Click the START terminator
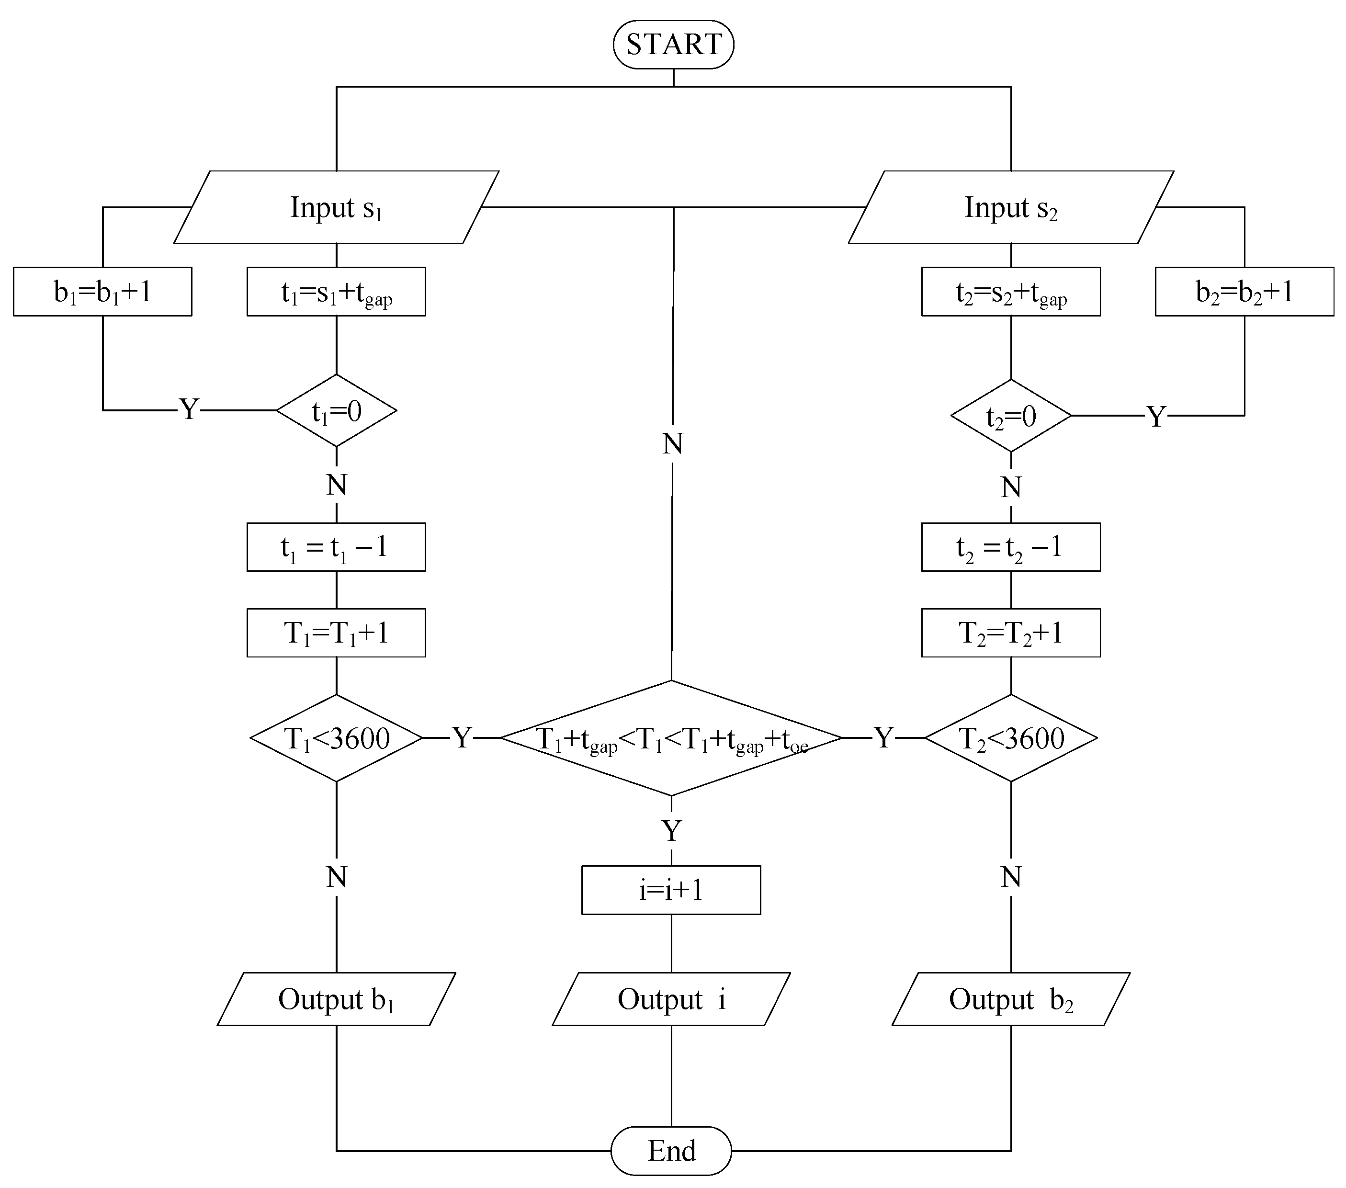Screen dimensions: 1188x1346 673,44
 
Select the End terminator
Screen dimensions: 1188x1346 671,1151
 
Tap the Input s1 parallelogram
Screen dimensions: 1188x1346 336,207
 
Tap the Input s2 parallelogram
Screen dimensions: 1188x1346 1010,207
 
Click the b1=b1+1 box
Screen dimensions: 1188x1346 102,291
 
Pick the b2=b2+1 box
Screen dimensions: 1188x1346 1244,291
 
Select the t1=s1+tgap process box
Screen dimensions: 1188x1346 336,291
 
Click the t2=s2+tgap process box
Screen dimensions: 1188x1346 1010,291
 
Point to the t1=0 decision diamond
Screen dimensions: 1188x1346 336,411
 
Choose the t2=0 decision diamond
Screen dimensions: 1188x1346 1010,416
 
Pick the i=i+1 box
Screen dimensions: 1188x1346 671,890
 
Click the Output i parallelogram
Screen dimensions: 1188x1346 671,998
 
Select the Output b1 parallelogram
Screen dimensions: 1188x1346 336,998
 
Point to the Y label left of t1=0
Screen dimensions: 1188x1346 189,409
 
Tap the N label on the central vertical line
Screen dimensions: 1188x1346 672,444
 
